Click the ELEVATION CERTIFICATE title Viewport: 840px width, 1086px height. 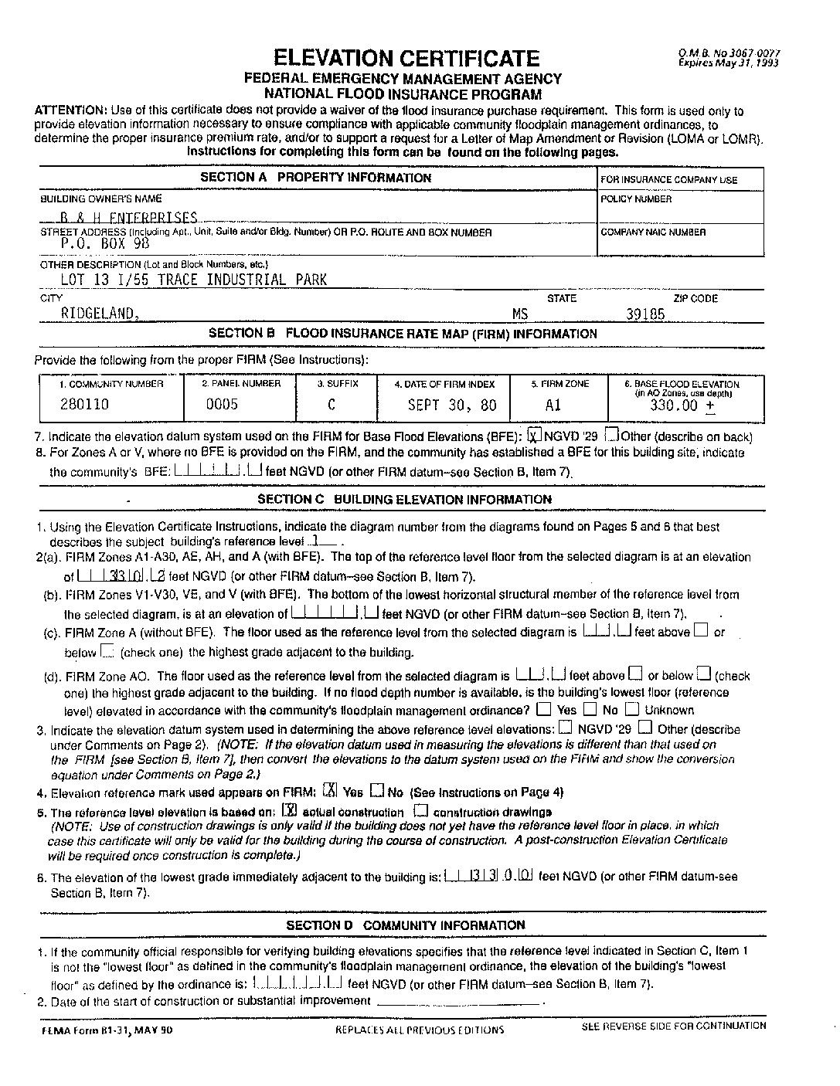[406, 57]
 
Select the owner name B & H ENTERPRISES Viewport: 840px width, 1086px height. [128, 219]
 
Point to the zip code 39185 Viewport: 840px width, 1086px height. [645, 314]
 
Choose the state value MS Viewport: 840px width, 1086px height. [520, 314]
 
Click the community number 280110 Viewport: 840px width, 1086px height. [84, 404]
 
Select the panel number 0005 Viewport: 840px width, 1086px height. [222, 404]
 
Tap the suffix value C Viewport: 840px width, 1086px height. [332, 404]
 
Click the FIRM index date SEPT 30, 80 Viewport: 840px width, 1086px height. [452, 405]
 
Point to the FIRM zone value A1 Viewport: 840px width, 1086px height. [553, 405]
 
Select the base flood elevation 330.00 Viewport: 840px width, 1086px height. [676, 405]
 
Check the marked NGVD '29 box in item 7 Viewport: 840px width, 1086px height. [535, 435]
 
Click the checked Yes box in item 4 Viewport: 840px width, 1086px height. [330, 791]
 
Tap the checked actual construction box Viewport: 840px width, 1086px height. [290, 811]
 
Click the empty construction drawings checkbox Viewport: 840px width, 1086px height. [421, 811]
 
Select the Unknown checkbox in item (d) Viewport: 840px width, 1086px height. [632, 709]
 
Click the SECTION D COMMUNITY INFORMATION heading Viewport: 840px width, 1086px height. [405, 925]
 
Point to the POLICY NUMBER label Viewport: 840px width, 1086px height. [636, 199]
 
